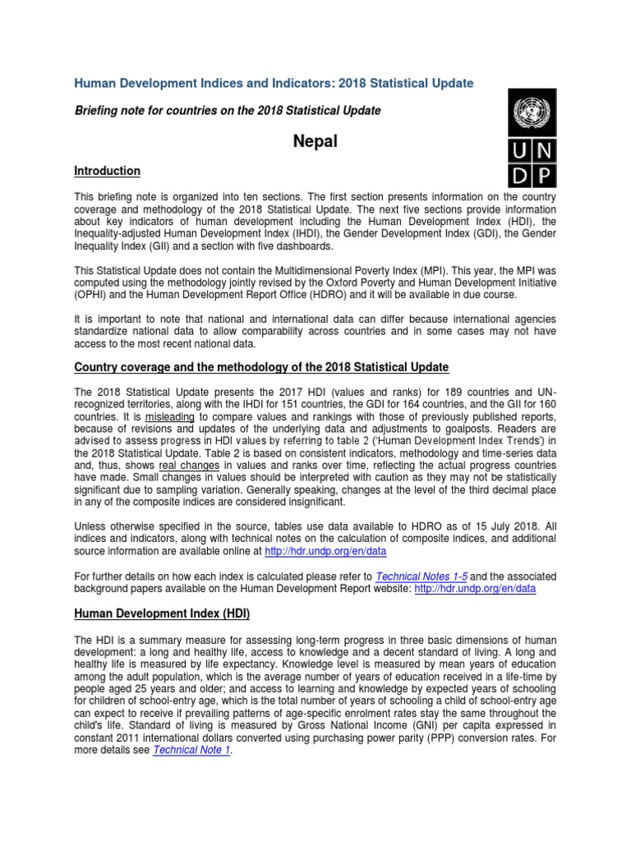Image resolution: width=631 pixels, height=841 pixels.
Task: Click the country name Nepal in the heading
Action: pos(315,141)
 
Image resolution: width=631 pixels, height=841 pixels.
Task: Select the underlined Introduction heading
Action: pos(108,171)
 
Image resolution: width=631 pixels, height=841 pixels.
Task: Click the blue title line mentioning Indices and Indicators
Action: pos(274,84)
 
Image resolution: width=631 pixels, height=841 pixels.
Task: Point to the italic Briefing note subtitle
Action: pos(228,110)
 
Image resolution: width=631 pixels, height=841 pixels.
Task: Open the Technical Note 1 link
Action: pos(191,750)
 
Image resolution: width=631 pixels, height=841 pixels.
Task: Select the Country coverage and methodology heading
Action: pos(261,366)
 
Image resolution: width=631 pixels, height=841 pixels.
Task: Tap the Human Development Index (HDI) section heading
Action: pos(162,614)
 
